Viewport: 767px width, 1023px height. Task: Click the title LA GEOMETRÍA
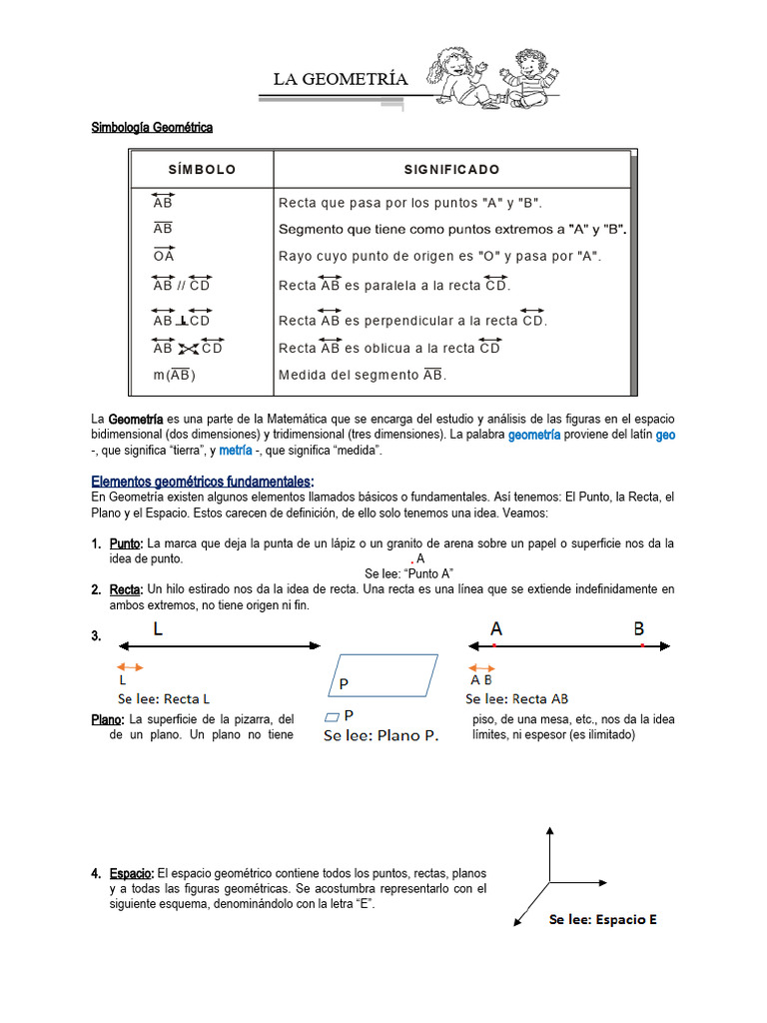pyautogui.click(x=341, y=79)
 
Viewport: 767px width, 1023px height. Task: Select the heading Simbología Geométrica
pyautogui.click(x=152, y=128)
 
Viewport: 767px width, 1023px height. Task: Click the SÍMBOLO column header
pyautogui.click(x=202, y=170)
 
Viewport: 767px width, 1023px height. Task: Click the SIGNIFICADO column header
pyautogui.click(x=451, y=170)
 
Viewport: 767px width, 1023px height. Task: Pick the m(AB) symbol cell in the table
pyautogui.click(x=175, y=376)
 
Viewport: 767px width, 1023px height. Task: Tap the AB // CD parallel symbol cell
pyautogui.click(x=182, y=285)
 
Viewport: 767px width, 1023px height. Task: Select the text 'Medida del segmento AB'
pyautogui.click(x=363, y=376)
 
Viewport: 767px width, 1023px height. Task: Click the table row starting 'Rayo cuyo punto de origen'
pyautogui.click(x=439, y=256)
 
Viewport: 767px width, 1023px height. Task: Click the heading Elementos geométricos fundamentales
pyautogui.click(x=202, y=481)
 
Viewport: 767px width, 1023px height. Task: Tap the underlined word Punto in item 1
pyautogui.click(x=126, y=543)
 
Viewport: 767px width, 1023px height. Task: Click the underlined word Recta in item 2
pyautogui.click(x=126, y=589)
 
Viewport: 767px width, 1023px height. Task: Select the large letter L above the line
pyautogui.click(x=159, y=629)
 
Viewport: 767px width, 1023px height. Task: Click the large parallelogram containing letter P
pyautogui.click(x=384, y=675)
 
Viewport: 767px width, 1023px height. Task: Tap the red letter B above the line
pyautogui.click(x=638, y=629)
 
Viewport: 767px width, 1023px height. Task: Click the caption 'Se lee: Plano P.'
pyautogui.click(x=381, y=736)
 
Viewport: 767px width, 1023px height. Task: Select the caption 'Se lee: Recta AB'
pyautogui.click(x=516, y=699)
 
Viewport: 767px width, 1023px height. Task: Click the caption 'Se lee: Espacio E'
pyautogui.click(x=602, y=920)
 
